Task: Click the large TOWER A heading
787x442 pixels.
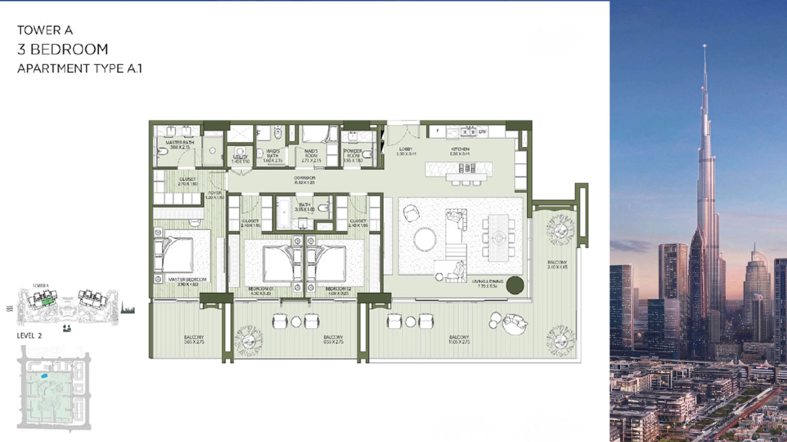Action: tap(45, 30)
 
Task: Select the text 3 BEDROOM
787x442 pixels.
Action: tap(62, 49)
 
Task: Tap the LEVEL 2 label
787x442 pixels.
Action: tap(29, 336)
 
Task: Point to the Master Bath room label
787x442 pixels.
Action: tap(179, 145)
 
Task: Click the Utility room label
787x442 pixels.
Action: tap(240, 159)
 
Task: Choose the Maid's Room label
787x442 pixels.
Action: tap(311, 156)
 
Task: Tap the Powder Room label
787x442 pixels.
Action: tap(353, 156)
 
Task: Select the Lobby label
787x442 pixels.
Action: tap(406, 152)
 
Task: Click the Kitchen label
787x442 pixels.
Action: tap(460, 152)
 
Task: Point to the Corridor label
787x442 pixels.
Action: tap(304, 180)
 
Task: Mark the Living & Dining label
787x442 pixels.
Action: tap(487, 284)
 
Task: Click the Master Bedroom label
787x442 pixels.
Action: tap(187, 282)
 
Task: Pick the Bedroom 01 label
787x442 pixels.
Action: tap(261, 291)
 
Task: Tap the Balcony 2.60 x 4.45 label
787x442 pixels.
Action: tap(557, 265)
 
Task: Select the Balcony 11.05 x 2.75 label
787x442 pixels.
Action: tap(459, 339)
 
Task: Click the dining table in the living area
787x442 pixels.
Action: tap(498, 238)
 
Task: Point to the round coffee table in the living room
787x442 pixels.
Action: tap(424, 240)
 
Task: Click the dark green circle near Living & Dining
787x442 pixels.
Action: tap(515, 285)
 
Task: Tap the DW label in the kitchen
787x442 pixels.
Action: tap(482, 132)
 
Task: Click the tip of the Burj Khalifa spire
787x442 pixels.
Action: tap(705, 46)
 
